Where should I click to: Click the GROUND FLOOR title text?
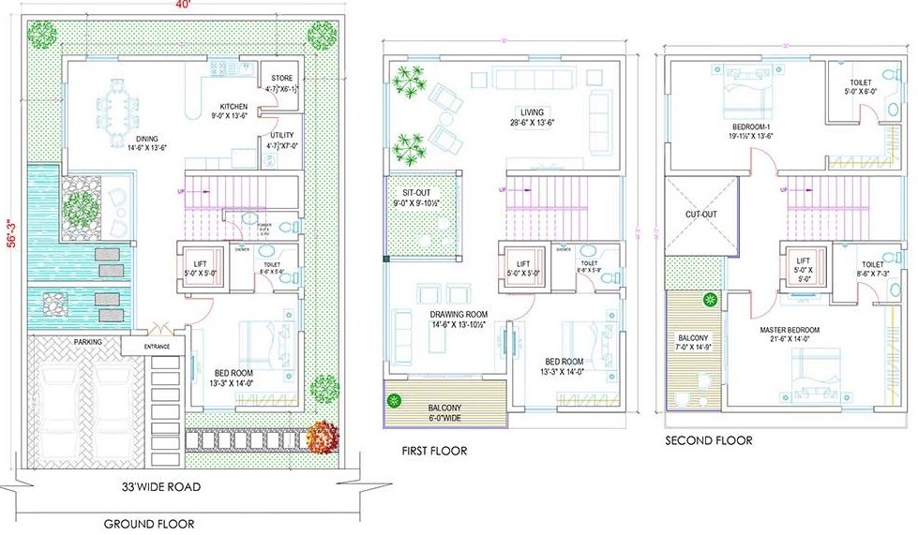tap(149, 524)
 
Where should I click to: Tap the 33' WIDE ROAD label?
tap(161, 487)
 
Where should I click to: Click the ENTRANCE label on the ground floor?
tap(156, 347)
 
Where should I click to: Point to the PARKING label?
tap(90, 341)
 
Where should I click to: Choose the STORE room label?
tap(282, 79)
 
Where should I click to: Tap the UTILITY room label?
tap(282, 135)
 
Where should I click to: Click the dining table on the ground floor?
tap(120, 111)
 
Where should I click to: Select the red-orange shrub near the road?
tap(322, 435)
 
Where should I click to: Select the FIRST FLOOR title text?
tap(433, 451)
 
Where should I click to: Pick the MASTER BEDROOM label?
tap(790, 331)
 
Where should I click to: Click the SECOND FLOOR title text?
tap(708, 440)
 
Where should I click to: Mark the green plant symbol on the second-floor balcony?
tap(710, 300)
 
